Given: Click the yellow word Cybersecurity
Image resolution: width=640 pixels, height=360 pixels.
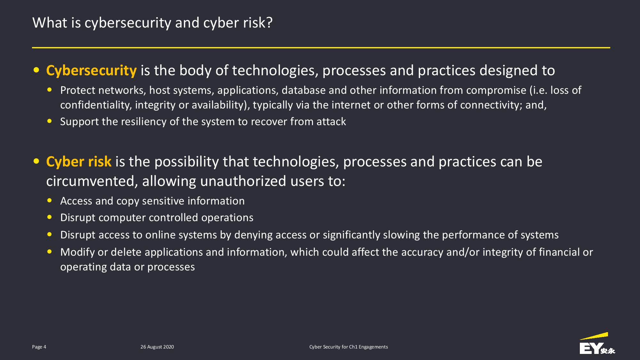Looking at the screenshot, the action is pos(92,71).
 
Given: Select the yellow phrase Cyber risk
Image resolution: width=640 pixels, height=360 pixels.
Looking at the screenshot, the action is pos(79,162).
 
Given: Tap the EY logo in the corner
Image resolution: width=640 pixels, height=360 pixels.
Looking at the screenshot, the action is pos(597,344).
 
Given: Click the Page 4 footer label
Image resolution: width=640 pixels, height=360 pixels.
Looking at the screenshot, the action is pos(39,347).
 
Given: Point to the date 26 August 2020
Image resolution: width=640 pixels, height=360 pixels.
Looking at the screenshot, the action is pos(157,347).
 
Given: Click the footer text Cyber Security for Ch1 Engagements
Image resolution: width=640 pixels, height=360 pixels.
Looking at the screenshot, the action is pos(348,347).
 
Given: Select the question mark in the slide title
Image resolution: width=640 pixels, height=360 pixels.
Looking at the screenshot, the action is pos(269,23).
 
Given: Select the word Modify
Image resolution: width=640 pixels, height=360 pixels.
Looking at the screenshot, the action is pos(77,252).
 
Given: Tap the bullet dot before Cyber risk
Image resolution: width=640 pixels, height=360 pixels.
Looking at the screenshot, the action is pos(36,161).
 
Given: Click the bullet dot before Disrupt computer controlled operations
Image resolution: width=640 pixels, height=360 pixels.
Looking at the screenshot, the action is pos(49,217).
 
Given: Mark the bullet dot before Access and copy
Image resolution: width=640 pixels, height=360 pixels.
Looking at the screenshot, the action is pos(49,201).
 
